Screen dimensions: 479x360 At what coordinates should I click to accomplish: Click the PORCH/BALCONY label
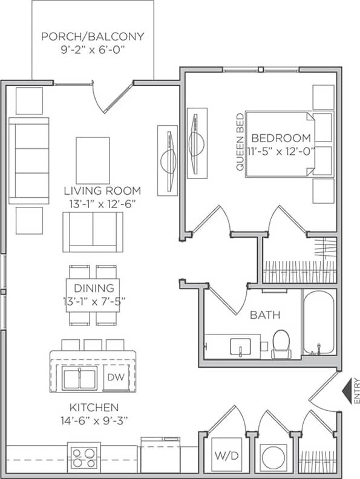pyautogui.click(x=93, y=36)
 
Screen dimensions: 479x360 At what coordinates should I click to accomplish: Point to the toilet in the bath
pyautogui.click(x=281, y=344)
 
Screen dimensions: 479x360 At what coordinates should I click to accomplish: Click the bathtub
pyautogui.click(x=318, y=323)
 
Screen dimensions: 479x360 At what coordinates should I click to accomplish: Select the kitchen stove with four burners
pyautogui.click(x=83, y=457)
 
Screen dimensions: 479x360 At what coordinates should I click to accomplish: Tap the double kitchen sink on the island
pyautogui.click(x=79, y=379)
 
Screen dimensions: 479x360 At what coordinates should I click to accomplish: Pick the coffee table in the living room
pyautogui.click(x=93, y=160)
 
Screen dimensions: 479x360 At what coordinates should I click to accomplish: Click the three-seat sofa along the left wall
pyautogui.click(x=28, y=160)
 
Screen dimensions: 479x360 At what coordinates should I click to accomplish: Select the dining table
pyautogui.click(x=93, y=295)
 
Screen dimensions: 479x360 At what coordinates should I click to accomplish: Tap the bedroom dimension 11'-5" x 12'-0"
pyautogui.click(x=282, y=151)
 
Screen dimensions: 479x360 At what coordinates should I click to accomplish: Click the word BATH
pyautogui.click(x=265, y=314)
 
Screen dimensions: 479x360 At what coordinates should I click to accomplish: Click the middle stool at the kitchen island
pyautogui.click(x=93, y=345)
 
